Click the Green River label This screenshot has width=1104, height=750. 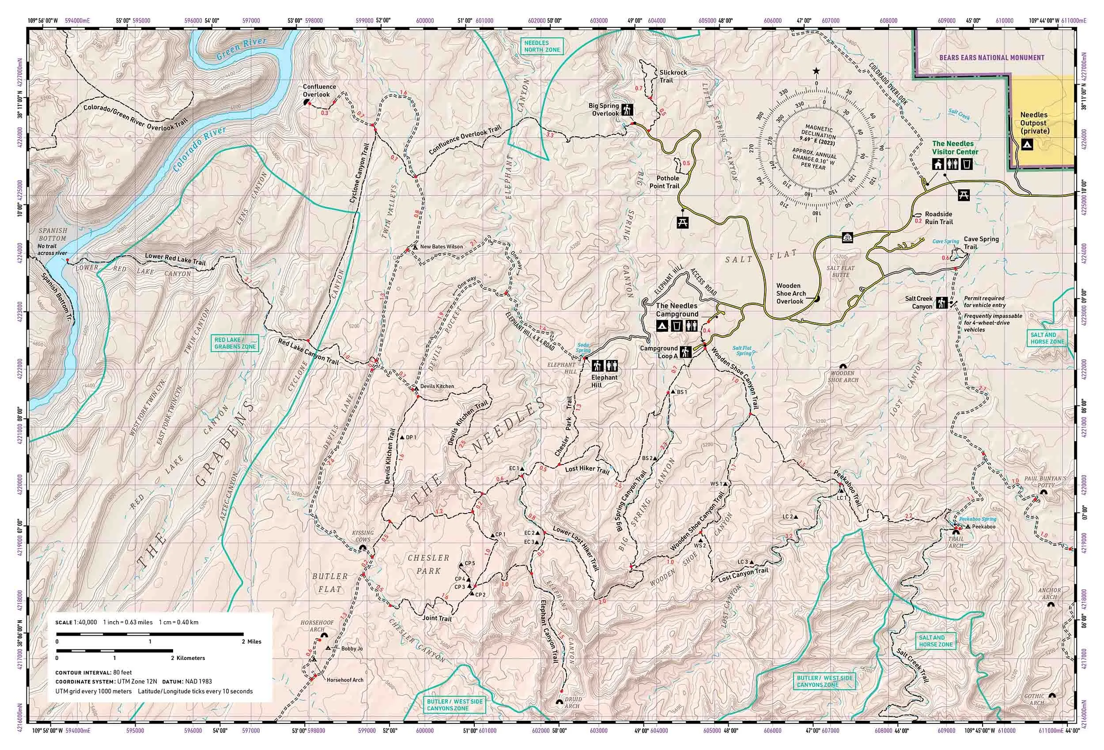241,49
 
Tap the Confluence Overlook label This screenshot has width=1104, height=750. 319,90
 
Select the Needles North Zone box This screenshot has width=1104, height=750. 542,46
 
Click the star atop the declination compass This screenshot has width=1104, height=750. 816,71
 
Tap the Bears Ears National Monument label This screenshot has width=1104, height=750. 991,57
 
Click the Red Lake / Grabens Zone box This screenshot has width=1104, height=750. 235,343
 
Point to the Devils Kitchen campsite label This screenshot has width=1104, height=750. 437,386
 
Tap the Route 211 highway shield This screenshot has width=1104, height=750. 847,237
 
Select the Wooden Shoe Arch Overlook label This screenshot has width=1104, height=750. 790,293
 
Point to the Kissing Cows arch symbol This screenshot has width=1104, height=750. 363,548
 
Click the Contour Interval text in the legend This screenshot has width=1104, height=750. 94,672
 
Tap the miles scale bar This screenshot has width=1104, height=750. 150,634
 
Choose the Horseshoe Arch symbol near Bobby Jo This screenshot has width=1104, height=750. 325,635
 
